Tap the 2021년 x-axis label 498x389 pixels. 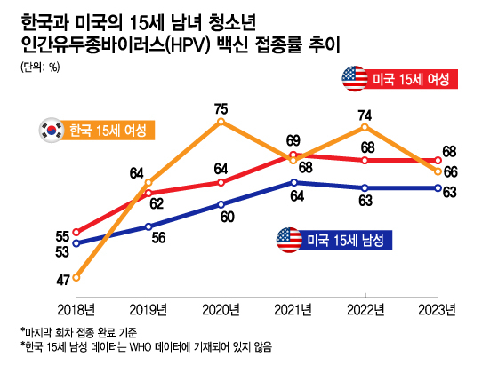tap(293, 310)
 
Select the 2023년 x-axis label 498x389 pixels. tap(438, 310)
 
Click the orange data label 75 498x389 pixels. tap(221, 108)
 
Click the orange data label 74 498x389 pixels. tap(365, 115)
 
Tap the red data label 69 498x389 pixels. tap(293, 140)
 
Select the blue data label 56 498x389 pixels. tap(158, 238)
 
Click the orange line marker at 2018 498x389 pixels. tap(76, 277)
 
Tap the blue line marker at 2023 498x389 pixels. tap(438, 188)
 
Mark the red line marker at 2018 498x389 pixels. tap(76, 232)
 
